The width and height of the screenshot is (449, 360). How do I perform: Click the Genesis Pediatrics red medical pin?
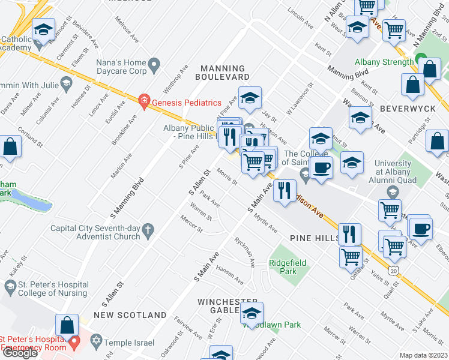point(143,101)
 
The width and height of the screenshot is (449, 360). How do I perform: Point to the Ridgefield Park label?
point(287,267)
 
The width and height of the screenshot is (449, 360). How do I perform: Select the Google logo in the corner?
point(19,353)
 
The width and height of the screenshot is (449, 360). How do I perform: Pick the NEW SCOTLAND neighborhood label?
point(130,315)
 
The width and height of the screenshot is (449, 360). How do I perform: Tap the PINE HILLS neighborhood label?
point(315,238)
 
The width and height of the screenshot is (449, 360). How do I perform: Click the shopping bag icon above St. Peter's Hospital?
point(67,326)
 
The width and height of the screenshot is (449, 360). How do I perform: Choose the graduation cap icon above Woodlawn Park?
point(251,313)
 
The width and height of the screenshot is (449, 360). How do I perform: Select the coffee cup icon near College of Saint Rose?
point(322,167)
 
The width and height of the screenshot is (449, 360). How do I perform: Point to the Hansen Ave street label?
point(230,275)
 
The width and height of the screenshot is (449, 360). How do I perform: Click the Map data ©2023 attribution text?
point(424,355)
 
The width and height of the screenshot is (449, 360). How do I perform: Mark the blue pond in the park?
point(33,201)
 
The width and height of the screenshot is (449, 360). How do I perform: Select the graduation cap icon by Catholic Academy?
point(43,29)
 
